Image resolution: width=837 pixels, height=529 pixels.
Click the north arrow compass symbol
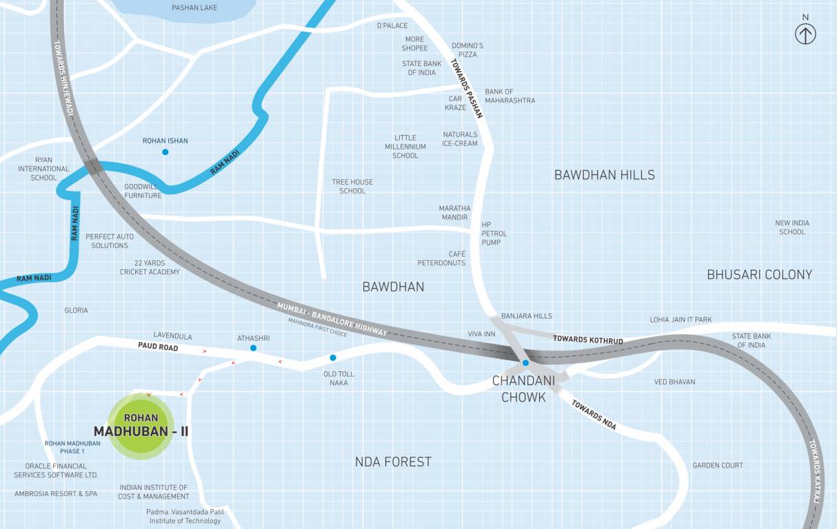[x=805, y=33]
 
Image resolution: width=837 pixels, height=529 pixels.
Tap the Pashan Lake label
[x=194, y=8]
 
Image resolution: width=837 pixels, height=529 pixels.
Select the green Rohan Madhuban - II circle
[x=141, y=426]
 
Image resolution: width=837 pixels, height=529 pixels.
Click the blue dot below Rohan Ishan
[x=165, y=152]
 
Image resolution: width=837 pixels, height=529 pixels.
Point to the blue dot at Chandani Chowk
[x=525, y=362]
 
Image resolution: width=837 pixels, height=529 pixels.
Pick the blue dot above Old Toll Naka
[x=333, y=357]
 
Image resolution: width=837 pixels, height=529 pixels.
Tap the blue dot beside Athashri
[x=253, y=348]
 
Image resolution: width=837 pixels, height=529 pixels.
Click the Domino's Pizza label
[x=467, y=50]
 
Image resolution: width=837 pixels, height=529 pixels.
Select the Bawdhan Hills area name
[x=604, y=175]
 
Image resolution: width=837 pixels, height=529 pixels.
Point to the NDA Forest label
[x=393, y=461]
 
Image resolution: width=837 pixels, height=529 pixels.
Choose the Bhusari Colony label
[x=759, y=274]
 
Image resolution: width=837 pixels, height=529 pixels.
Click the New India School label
[x=792, y=227]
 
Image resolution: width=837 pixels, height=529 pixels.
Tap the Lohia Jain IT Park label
[x=680, y=320]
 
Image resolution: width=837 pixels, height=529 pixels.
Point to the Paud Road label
[x=158, y=347]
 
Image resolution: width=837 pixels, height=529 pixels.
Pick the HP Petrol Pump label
[x=491, y=234]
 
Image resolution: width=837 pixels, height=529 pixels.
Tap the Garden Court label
[x=718, y=466]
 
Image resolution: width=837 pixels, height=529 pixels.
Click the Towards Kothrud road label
[x=588, y=340]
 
